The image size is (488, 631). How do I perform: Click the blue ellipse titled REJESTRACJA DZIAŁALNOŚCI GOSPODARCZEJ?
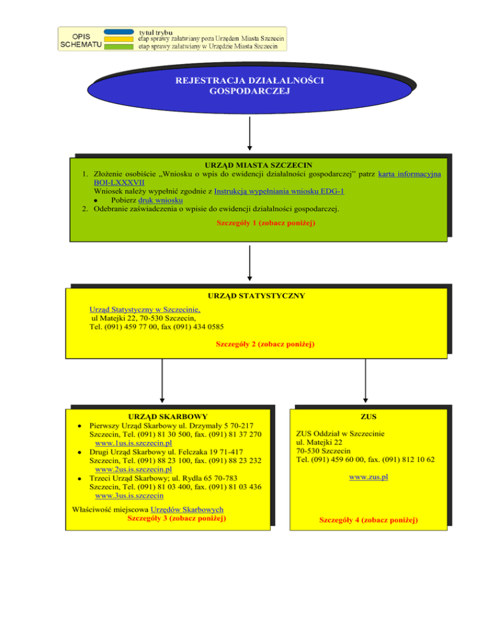point(250,88)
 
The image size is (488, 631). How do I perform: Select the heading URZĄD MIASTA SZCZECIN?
point(259,165)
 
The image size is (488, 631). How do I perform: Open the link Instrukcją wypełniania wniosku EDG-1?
point(279,191)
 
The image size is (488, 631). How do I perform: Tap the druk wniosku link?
point(160,200)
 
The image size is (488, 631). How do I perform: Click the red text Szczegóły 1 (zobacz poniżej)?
point(266,223)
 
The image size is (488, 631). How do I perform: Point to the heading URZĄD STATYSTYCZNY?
point(256,296)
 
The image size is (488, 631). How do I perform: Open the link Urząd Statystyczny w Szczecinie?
point(145,309)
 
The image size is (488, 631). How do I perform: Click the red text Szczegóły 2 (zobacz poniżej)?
point(265,344)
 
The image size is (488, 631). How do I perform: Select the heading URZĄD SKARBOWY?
point(168,416)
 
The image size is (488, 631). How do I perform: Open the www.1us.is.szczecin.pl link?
point(133,443)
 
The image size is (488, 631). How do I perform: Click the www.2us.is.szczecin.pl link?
point(133,469)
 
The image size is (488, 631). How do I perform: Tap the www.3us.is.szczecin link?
point(130,495)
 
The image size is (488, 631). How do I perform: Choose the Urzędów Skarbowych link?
point(187,510)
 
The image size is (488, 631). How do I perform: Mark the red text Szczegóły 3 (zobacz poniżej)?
point(177,518)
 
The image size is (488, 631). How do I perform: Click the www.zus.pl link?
point(369,477)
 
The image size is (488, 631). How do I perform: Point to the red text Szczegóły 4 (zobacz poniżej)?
point(369,520)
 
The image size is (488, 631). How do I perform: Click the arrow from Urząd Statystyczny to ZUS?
point(365,381)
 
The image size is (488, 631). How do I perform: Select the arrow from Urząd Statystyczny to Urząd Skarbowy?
point(162,381)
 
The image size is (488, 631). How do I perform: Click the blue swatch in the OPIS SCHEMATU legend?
point(119,32)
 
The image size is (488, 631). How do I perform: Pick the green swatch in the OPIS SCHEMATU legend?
point(119,47)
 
